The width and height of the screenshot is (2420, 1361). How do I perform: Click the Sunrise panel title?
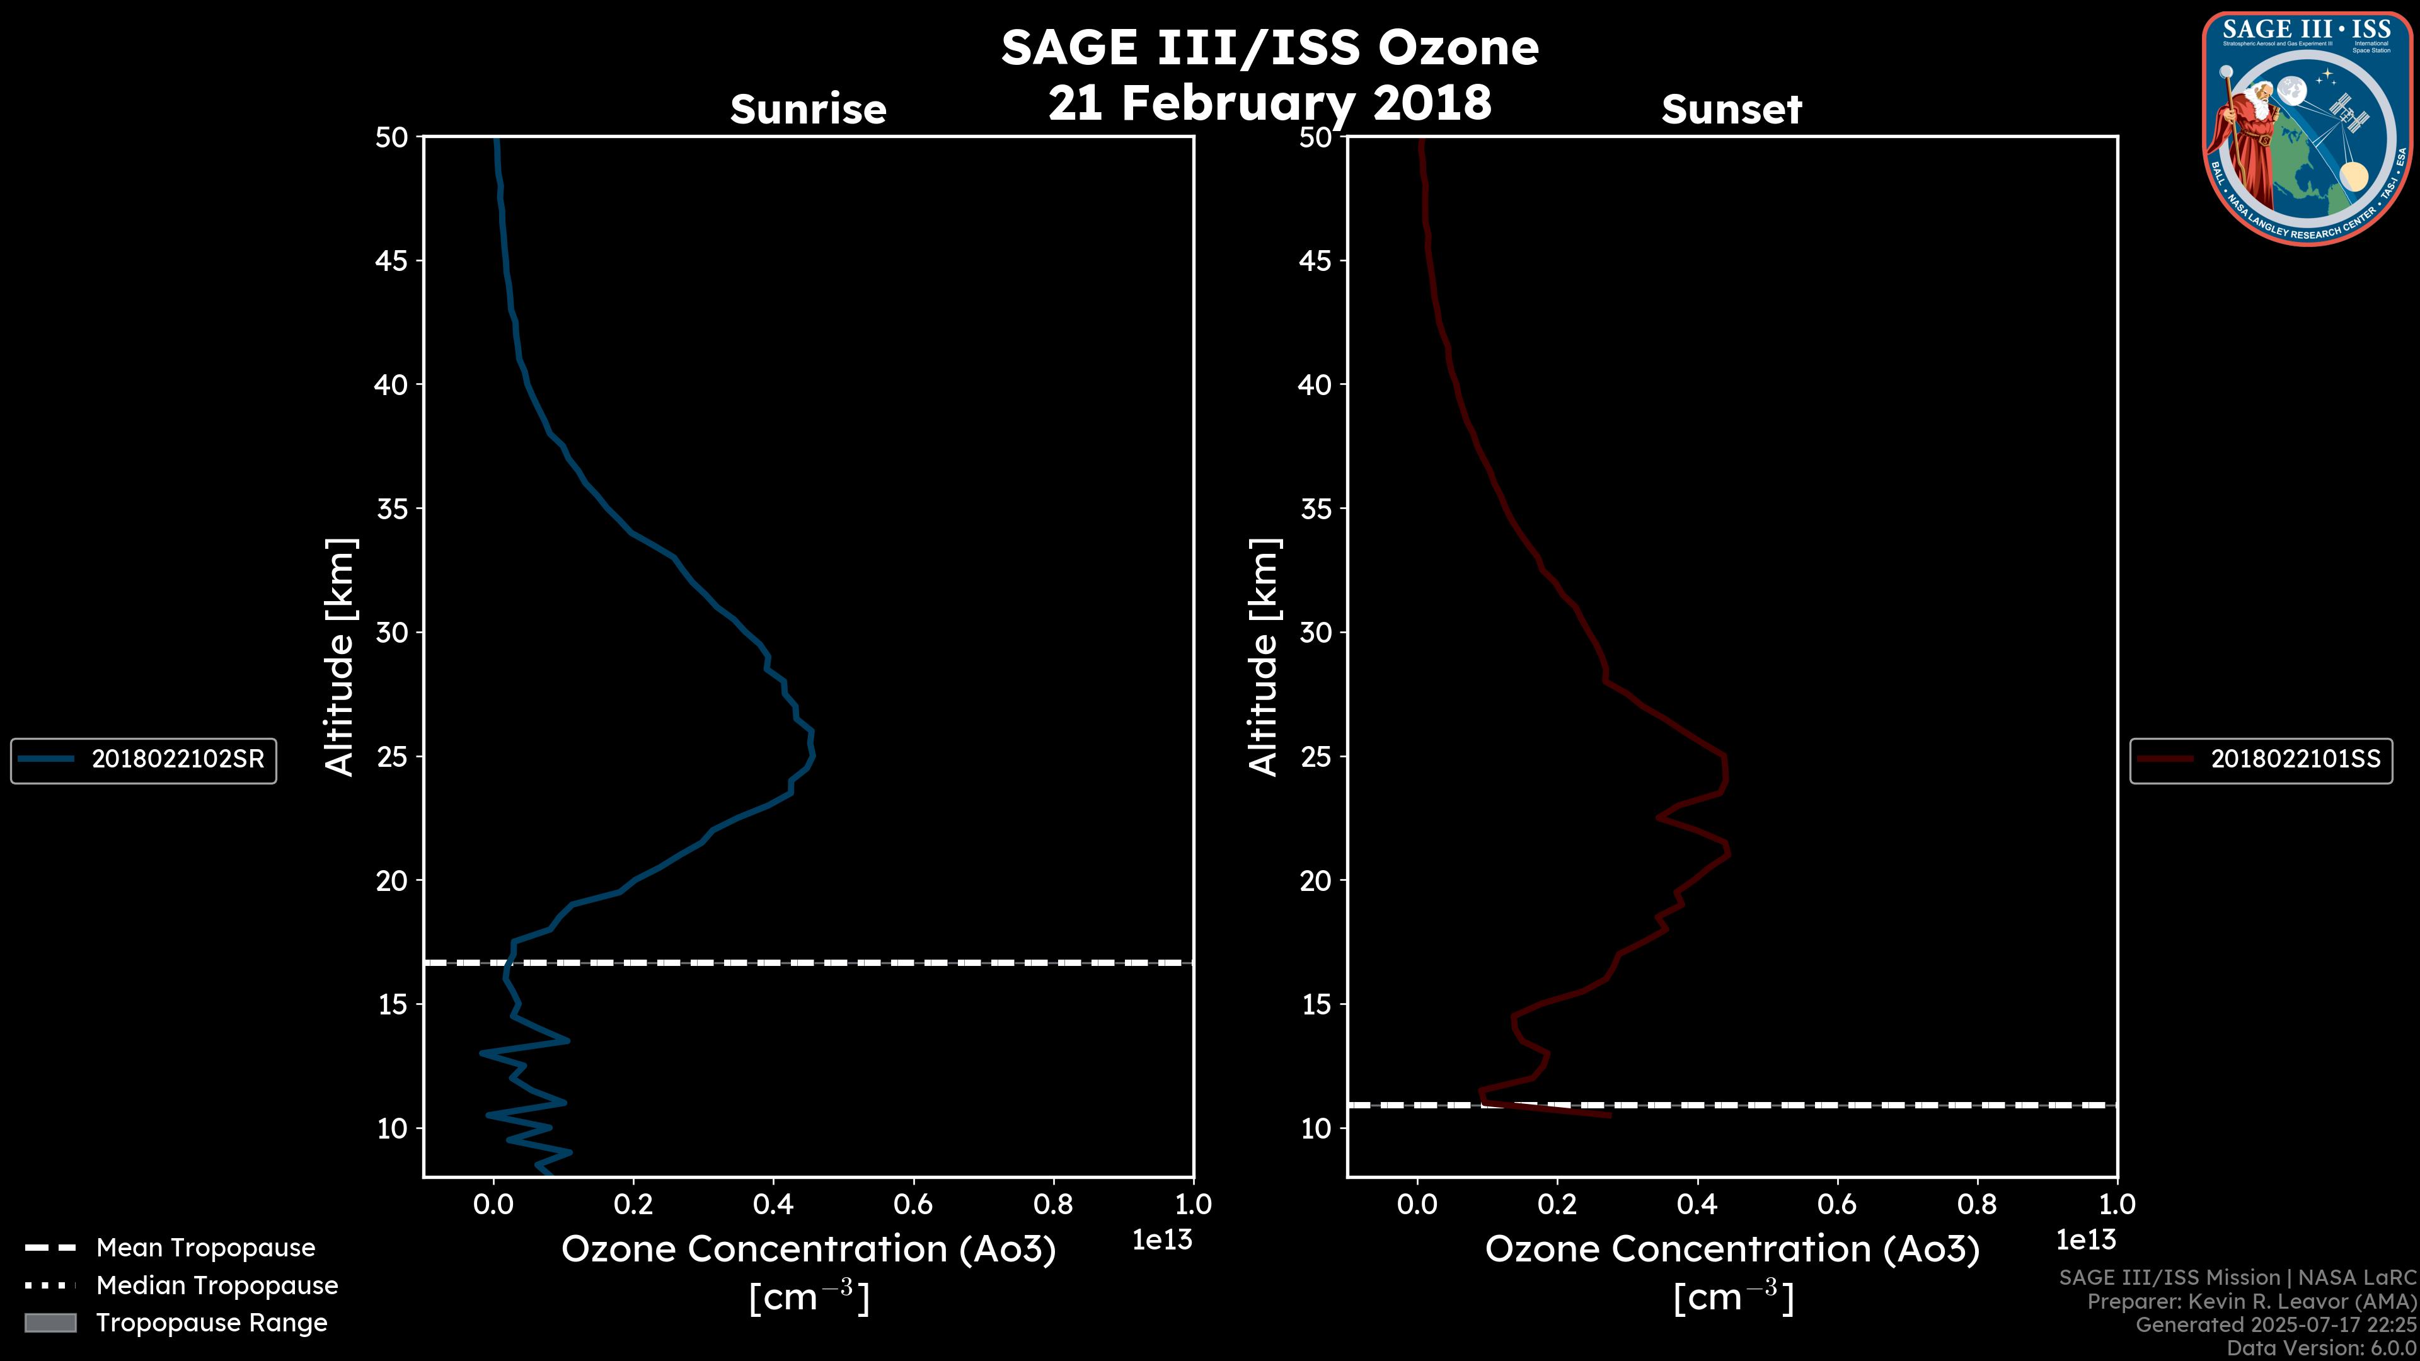click(808, 109)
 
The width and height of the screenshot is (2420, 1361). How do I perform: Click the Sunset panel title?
click(1731, 109)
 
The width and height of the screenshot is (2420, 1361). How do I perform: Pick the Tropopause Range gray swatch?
click(50, 1323)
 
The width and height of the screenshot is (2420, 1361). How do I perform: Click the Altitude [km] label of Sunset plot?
click(1264, 657)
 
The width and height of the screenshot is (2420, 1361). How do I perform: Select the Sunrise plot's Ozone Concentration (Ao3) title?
click(808, 1249)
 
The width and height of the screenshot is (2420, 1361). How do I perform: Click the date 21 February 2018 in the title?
click(1269, 102)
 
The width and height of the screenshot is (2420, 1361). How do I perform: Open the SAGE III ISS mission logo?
click(2307, 129)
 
